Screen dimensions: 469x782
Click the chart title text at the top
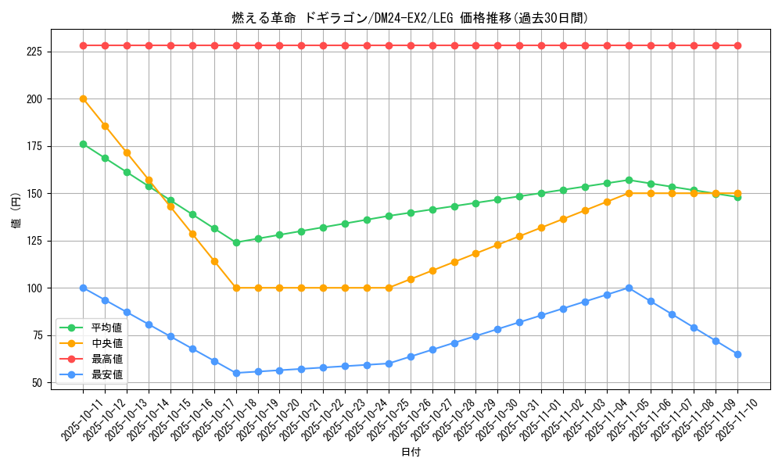coord(410,18)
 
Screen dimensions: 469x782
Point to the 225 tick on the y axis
coord(38,52)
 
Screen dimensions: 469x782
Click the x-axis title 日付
coord(411,453)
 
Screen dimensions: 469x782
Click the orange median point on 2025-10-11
coord(83,98)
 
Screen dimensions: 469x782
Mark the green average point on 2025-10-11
coord(83,144)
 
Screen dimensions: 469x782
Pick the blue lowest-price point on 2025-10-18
coord(236,373)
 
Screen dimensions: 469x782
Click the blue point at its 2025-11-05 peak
coord(629,288)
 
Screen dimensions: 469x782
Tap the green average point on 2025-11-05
coord(629,180)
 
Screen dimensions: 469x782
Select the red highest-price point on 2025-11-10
coord(737,45)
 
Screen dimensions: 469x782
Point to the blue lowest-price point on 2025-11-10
coord(737,354)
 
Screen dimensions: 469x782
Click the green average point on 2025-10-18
coord(236,242)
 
